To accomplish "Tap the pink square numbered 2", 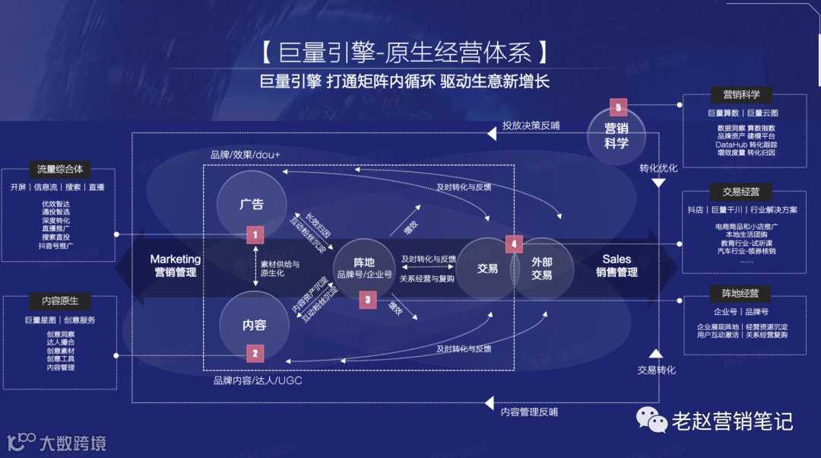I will tap(255, 353).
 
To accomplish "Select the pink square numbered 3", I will tap(367, 300).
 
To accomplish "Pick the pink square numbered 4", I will tap(515, 244).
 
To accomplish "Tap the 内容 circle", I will tap(254, 325).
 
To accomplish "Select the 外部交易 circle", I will tap(542, 269).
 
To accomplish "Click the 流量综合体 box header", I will tap(59, 169).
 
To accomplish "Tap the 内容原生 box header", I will tap(59, 301).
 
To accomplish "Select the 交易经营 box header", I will tap(735, 191).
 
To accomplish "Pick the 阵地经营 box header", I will tap(735, 294).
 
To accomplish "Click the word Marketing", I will tap(175, 259).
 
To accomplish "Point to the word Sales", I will tap(617, 259).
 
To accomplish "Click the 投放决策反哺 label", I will tap(531, 126).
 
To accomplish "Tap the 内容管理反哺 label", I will tap(529, 412).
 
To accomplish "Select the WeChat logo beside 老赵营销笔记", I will tap(651, 418).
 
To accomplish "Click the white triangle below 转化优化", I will tap(659, 183).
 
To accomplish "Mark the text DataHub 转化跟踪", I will tap(746, 145).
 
